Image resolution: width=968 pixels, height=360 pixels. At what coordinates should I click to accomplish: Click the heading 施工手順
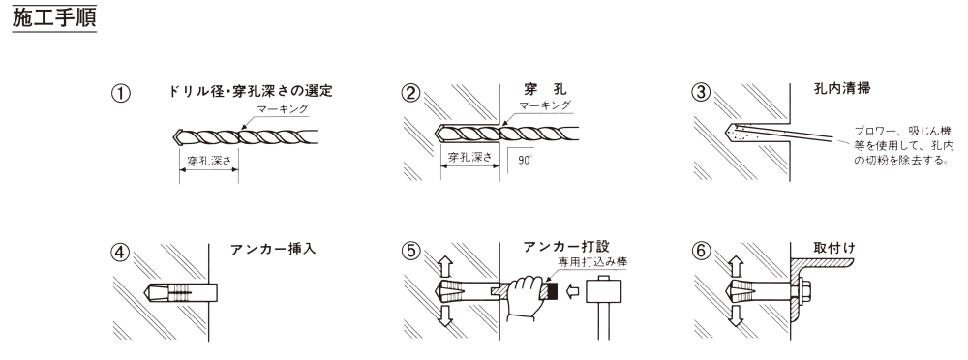coord(54,17)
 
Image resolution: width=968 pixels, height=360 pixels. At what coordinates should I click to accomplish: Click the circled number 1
coord(121,93)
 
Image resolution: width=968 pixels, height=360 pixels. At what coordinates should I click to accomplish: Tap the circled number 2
coord(410,93)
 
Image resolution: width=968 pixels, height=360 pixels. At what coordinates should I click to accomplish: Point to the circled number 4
coord(121,253)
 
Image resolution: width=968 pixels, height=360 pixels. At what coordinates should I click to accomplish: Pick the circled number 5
coord(410,252)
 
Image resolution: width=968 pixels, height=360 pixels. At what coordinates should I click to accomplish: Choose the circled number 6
coord(701,252)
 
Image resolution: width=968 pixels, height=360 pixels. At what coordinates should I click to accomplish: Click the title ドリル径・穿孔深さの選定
coord(251,91)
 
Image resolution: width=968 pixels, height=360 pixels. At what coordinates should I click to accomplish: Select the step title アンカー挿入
coord(273,250)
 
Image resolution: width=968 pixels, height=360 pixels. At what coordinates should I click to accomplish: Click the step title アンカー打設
coord(566,247)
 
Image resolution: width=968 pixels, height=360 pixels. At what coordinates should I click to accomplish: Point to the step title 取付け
coord(834,248)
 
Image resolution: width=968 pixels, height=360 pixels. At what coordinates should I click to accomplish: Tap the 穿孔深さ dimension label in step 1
coord(209,162)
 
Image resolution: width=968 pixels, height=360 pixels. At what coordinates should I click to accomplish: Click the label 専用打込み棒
coord(592,262)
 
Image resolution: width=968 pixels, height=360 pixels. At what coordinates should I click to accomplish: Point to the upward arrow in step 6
coord(735,267)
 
